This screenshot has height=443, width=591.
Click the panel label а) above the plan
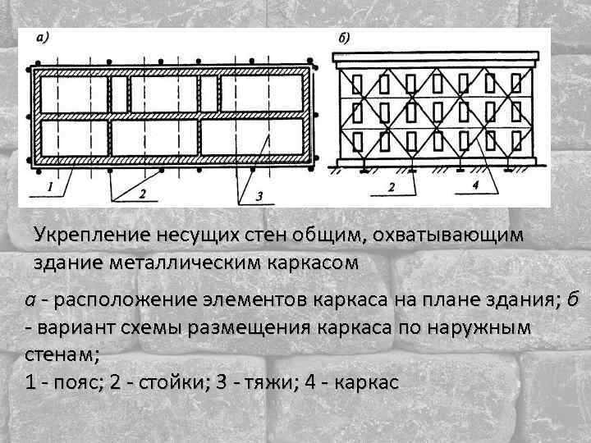(42, 37)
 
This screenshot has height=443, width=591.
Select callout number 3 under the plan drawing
(259, 195)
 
